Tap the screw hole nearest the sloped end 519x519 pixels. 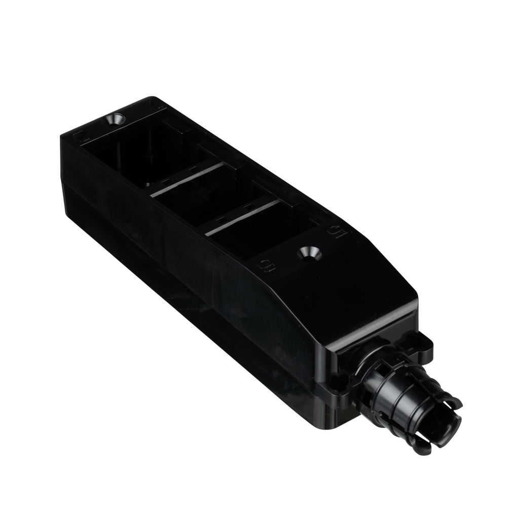308,252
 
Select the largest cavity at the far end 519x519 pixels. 147,152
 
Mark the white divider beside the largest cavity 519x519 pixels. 188,178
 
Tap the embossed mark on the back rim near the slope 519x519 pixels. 335,231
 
